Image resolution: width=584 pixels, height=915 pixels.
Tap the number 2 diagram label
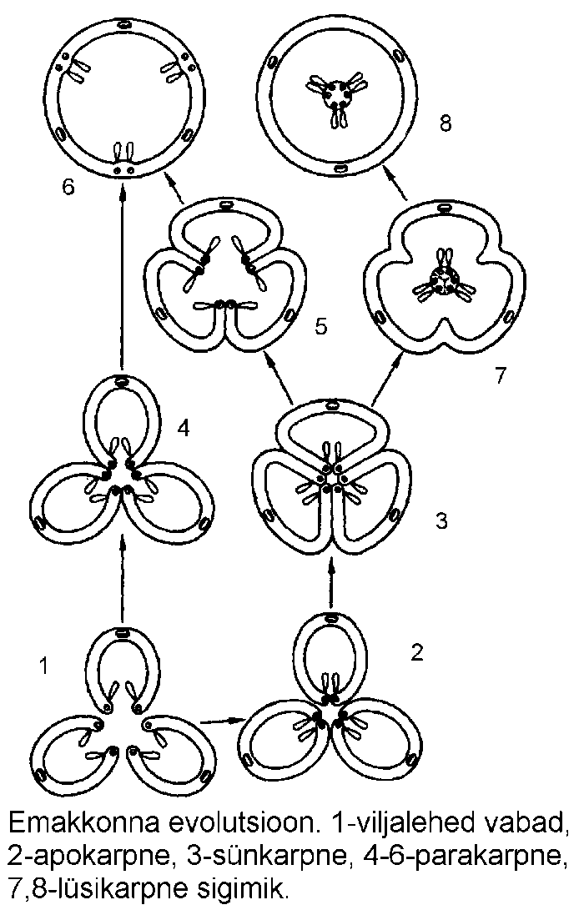(417, 651)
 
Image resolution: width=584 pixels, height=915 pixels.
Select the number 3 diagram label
(442, 521)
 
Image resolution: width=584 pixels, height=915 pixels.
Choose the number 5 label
(320, 324)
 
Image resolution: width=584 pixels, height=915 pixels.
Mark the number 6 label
(68, 185)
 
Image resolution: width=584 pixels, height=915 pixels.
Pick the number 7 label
(500, 375)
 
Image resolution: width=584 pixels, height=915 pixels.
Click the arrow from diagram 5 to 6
(174, 189)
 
